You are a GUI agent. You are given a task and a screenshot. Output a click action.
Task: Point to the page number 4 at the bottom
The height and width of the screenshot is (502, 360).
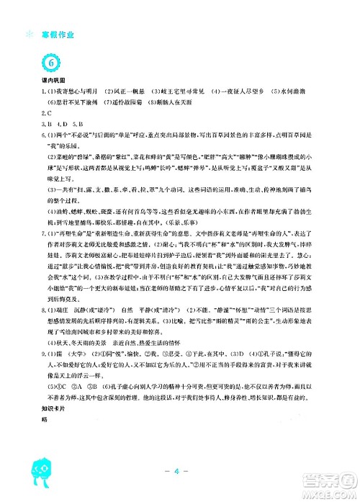coord(180,472)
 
